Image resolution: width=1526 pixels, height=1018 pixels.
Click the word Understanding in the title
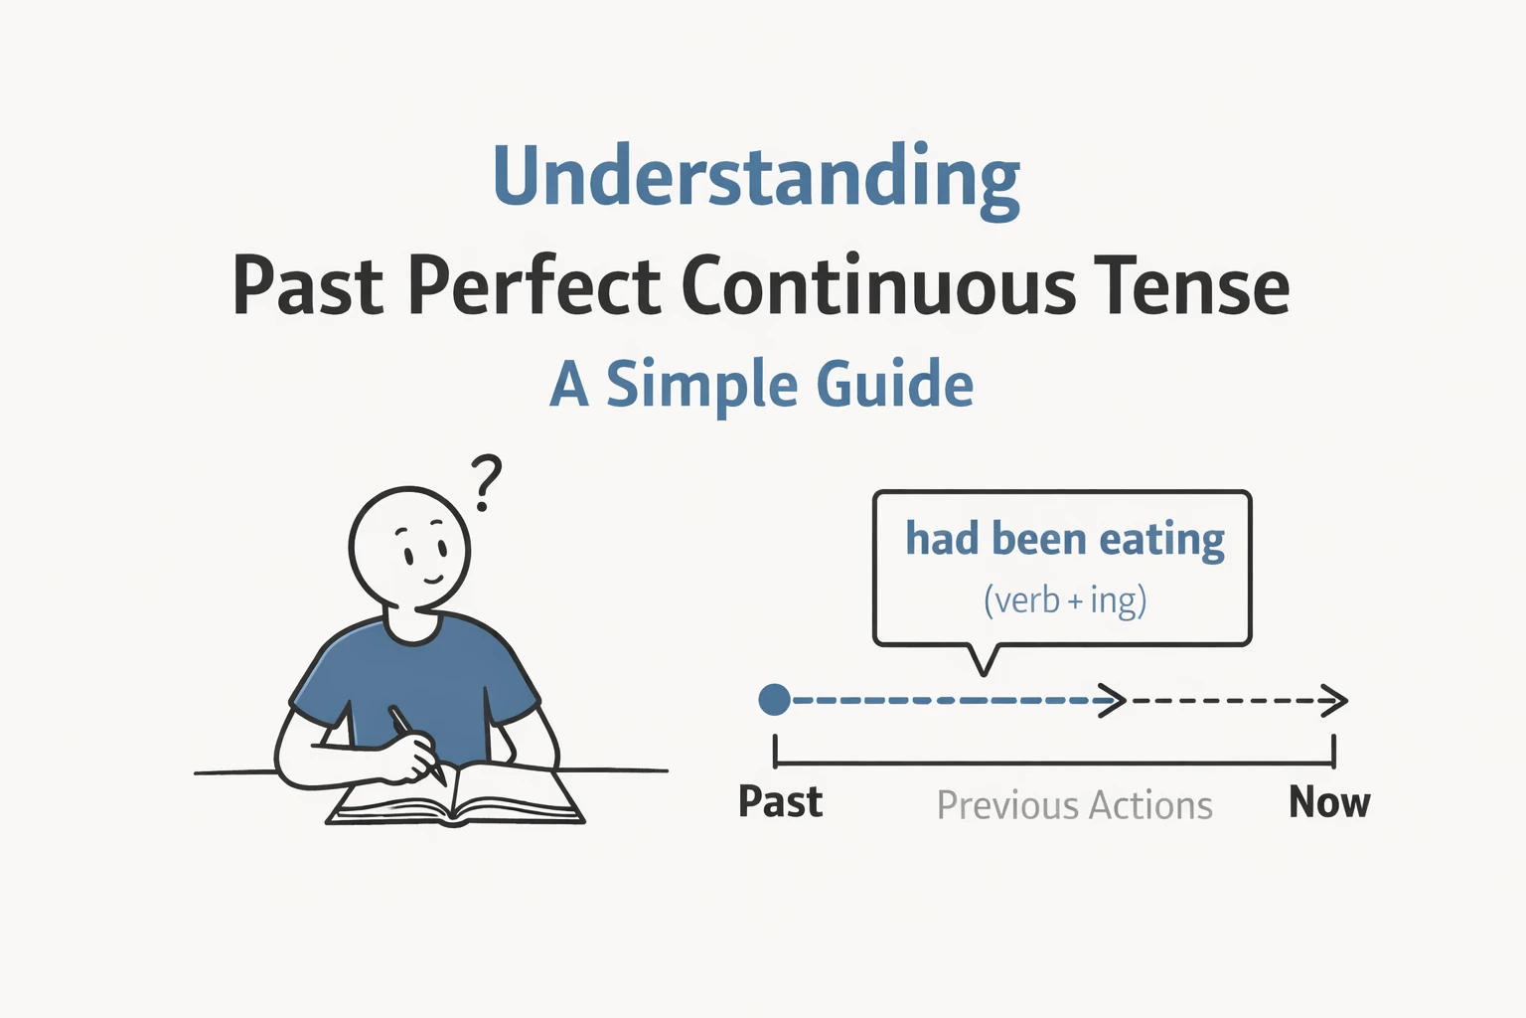756,177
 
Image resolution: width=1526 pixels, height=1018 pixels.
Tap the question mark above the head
486,481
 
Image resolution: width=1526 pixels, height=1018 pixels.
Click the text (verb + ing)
1065,600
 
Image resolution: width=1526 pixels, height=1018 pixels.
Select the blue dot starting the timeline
774,700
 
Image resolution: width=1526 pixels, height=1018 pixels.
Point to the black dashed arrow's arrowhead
1336,701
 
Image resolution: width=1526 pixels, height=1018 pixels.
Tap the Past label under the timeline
780,802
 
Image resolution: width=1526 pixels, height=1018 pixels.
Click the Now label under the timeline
1328,802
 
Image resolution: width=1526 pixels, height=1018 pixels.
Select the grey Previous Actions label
1074,805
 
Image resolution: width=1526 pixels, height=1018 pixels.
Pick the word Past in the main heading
308,287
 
